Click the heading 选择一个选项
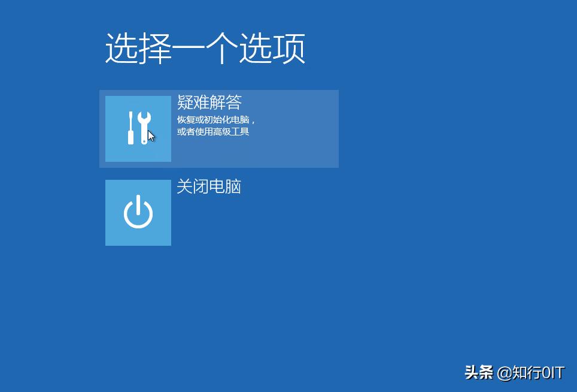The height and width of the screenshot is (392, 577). click(x=205, y=49)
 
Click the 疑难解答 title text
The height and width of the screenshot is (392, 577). click(x=209, y=102)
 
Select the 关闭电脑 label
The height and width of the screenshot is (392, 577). click(x=209, y=186)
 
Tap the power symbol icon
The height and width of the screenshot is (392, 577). click(x=138, y=213)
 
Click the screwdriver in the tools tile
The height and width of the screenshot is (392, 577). click(x=130, y=128)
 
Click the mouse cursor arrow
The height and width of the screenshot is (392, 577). click(x=151, y=136)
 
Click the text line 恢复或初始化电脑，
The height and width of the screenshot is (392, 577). click(x=216, y=119)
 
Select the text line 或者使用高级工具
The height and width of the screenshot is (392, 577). click(x=213, y=131)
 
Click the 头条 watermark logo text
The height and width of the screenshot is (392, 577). click(x=479, y=373)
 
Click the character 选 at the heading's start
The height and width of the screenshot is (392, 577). click(x=122, y=49)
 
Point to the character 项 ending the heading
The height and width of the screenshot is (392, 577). click(x=290, y=49)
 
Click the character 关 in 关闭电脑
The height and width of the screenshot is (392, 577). click(x=184, y=186)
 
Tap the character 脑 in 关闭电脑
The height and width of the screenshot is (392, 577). click(x=233, y=186)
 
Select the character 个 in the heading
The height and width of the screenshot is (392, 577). click(x=222, y=49)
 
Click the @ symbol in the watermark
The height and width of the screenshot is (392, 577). click(x=503, y=373)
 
